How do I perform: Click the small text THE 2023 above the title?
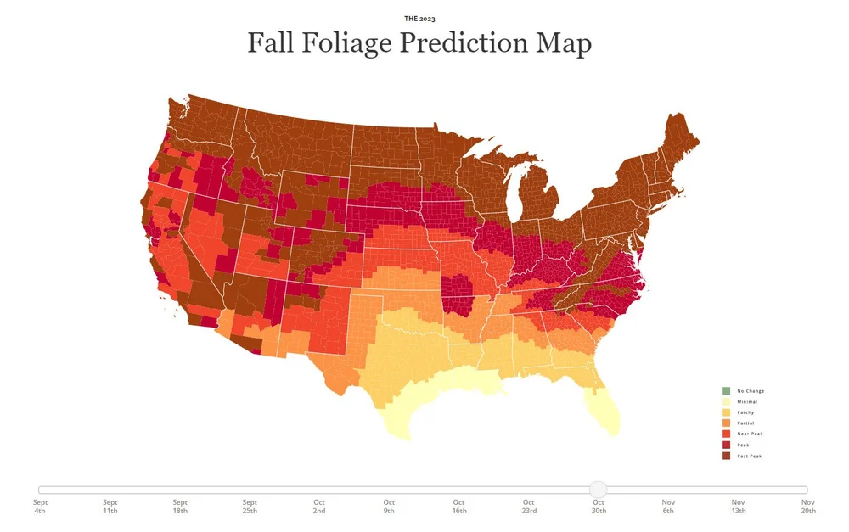point(419,18)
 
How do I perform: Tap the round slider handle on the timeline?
point(599,490)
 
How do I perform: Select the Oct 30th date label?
point(599,507)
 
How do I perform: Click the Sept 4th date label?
point(40,507)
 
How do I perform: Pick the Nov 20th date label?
point(807,507)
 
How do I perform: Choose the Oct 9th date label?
point(389,507)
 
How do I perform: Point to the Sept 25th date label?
point(250,507)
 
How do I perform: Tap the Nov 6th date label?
point(668,507)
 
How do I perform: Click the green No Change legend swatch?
point(726,390)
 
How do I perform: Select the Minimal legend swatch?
point(726,401)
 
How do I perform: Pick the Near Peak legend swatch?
point(726,434)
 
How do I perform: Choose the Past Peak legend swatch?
point(726,456)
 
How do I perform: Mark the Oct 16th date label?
point(458,507)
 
